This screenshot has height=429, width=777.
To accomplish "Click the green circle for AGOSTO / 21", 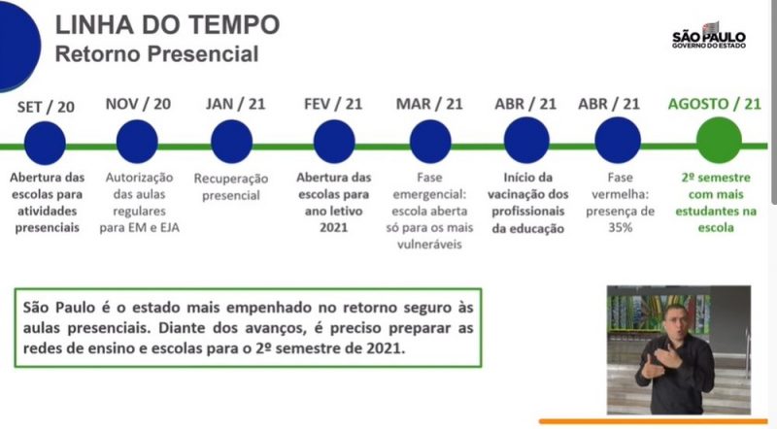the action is [719, 140].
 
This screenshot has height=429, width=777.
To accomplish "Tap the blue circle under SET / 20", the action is [45, 143].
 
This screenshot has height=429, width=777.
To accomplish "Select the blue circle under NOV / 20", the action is [137, 142].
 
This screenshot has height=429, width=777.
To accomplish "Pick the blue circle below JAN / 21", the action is [232, 142].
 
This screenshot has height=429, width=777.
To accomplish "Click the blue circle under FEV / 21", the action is [334, 142].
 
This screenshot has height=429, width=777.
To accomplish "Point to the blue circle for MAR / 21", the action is [430, 142].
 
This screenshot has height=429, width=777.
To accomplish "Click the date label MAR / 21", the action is [429, 104].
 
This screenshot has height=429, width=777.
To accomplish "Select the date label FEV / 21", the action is [333, 104].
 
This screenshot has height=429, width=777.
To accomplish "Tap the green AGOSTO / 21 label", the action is [715, 104].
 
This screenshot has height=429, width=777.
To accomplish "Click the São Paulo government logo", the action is [709, 36].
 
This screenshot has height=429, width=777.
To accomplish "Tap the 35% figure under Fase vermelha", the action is [621, 228].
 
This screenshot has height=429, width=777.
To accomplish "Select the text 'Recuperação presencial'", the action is [231, 186].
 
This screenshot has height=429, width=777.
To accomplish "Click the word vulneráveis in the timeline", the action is [429, 245].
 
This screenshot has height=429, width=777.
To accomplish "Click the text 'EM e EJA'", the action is [157, 228].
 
